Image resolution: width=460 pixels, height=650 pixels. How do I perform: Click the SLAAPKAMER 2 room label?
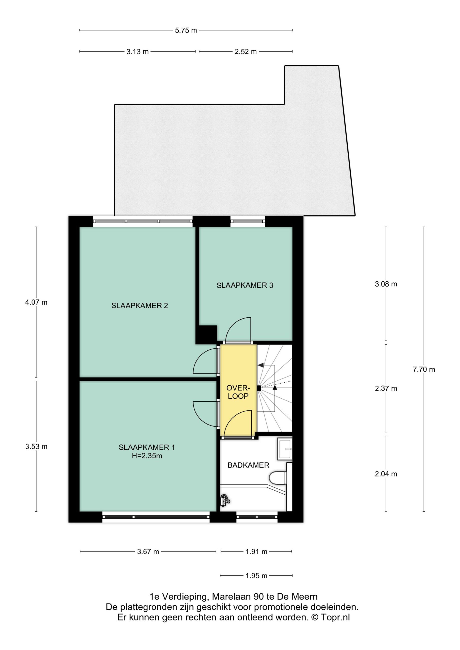(x=140, y=305)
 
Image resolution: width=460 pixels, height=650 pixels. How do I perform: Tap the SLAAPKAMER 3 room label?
(x=245, y=285)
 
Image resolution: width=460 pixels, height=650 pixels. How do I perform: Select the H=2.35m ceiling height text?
(x=147, y=456)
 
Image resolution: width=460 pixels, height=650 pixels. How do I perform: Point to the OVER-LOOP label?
(x=238, y=392)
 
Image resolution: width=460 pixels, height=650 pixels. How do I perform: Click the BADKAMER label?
(x=248, y=465)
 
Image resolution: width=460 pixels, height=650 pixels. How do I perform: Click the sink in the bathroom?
(x=284, y=449)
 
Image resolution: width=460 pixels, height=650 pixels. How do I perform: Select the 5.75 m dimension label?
(x=186, y=30)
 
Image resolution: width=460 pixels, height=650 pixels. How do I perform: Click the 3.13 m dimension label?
(x=137, y=52)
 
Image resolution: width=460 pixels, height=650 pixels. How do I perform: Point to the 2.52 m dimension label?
(x=246, y=52)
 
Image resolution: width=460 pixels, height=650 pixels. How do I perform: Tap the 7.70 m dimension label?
(x=424, y=369)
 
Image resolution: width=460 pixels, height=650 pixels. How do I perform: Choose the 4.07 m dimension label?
(x=36, y=302)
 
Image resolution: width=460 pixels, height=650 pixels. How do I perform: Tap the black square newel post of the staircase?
(x=259, y=388)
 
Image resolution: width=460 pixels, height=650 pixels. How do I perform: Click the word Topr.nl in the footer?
(x=335, y=617)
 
